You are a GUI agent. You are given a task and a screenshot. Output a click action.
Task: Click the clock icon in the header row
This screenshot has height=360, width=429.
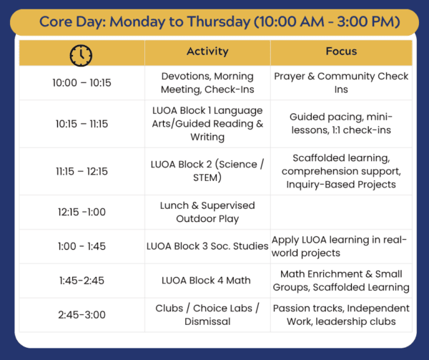pyautogui.click(x=81, y=55)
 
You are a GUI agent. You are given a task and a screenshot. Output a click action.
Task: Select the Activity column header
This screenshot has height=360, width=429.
pyautogui.click(x=207, y=52)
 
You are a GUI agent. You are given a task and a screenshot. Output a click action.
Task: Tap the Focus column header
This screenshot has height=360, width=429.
pyautogui.click(x=341, y=52)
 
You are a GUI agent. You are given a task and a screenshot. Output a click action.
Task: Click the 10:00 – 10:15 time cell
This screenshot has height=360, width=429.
pyautogui.click(x=82, y=83)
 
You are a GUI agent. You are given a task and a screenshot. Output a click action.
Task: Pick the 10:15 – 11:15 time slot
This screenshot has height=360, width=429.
pyautogui.click(x=82, y=124)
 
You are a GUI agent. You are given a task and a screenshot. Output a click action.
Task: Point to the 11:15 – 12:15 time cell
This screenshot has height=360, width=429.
pyautogui.click(x=82, y=171)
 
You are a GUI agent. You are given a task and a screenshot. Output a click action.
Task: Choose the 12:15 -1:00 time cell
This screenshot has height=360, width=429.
pyautogui.click(x=82, y=212)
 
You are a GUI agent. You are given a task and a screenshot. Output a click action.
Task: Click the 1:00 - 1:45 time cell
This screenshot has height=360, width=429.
pyautogui.click(x=82, y=246)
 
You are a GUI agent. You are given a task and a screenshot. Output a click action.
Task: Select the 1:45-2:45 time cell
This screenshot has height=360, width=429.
pyautogui.click(x=82, y=281)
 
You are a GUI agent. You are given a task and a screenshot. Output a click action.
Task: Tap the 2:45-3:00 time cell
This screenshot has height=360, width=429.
pyautogui.click(x=82, y=315)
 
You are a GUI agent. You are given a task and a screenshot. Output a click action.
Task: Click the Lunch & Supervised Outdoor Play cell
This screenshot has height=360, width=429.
pyautogui.click(x=207, y=212)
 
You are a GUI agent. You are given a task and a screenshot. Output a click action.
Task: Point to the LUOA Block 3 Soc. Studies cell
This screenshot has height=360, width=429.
pyautogui.click(x=207, y=246)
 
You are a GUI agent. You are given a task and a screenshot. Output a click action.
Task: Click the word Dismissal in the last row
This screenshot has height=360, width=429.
pyautogui.click(x=207, y=321)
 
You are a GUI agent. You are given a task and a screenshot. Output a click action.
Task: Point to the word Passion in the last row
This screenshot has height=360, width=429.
pyautogui.click(x=291, y=308)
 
